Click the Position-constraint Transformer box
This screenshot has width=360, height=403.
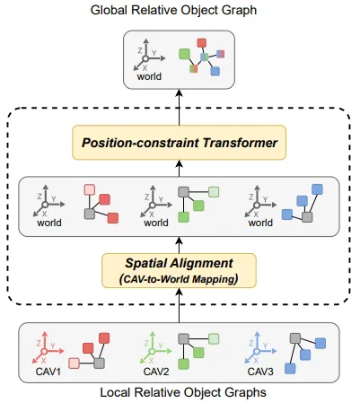point(179,143)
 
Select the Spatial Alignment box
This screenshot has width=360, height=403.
point(179,271)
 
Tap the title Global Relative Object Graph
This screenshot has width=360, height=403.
point(173,10)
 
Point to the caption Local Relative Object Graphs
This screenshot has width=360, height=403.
point(183,392)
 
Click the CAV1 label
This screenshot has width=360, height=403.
point(48,372)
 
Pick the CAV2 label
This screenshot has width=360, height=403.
point(156,372)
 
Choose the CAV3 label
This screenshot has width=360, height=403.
point(260,372)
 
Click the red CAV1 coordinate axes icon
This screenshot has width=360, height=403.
point(48,347)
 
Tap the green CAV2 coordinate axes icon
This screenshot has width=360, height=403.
point(155,347)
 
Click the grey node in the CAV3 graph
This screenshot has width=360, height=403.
point(295,338)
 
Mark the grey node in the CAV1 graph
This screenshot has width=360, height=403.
point(99,364)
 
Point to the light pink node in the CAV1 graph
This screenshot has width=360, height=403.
point(74,364)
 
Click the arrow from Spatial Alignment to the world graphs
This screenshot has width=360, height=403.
point(179,245)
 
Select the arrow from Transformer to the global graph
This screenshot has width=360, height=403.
point(179,107)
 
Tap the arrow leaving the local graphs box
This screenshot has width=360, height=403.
point(179,305)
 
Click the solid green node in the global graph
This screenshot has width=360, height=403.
point(185,54)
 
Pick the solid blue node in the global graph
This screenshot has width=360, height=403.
point(215,72)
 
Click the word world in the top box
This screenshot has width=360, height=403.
point(149,76)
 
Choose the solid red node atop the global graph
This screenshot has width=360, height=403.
point(202,43)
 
